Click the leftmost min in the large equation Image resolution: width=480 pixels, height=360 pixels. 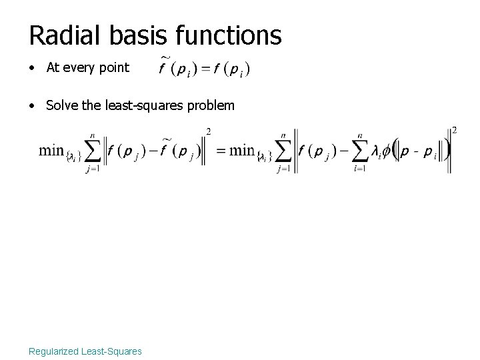(51, 149)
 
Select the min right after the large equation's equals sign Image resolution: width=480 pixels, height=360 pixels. (242, 149)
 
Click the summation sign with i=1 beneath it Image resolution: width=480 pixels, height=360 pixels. (364, 152)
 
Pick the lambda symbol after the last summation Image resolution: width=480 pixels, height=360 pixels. (377, 151)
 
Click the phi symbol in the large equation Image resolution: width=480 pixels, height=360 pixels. (387, 151)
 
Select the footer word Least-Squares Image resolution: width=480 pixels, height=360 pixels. (113, 351)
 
